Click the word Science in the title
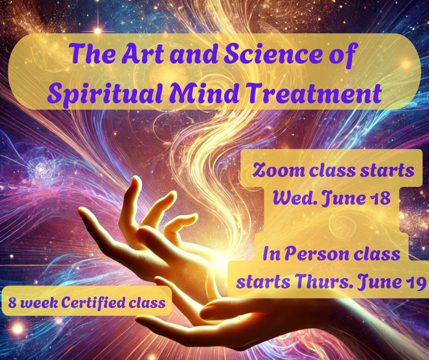coord(274,53)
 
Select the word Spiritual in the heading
coord(105,93)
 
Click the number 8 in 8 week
coord(12,303)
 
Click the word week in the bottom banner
coord(39,302)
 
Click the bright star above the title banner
coord(98,30)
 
